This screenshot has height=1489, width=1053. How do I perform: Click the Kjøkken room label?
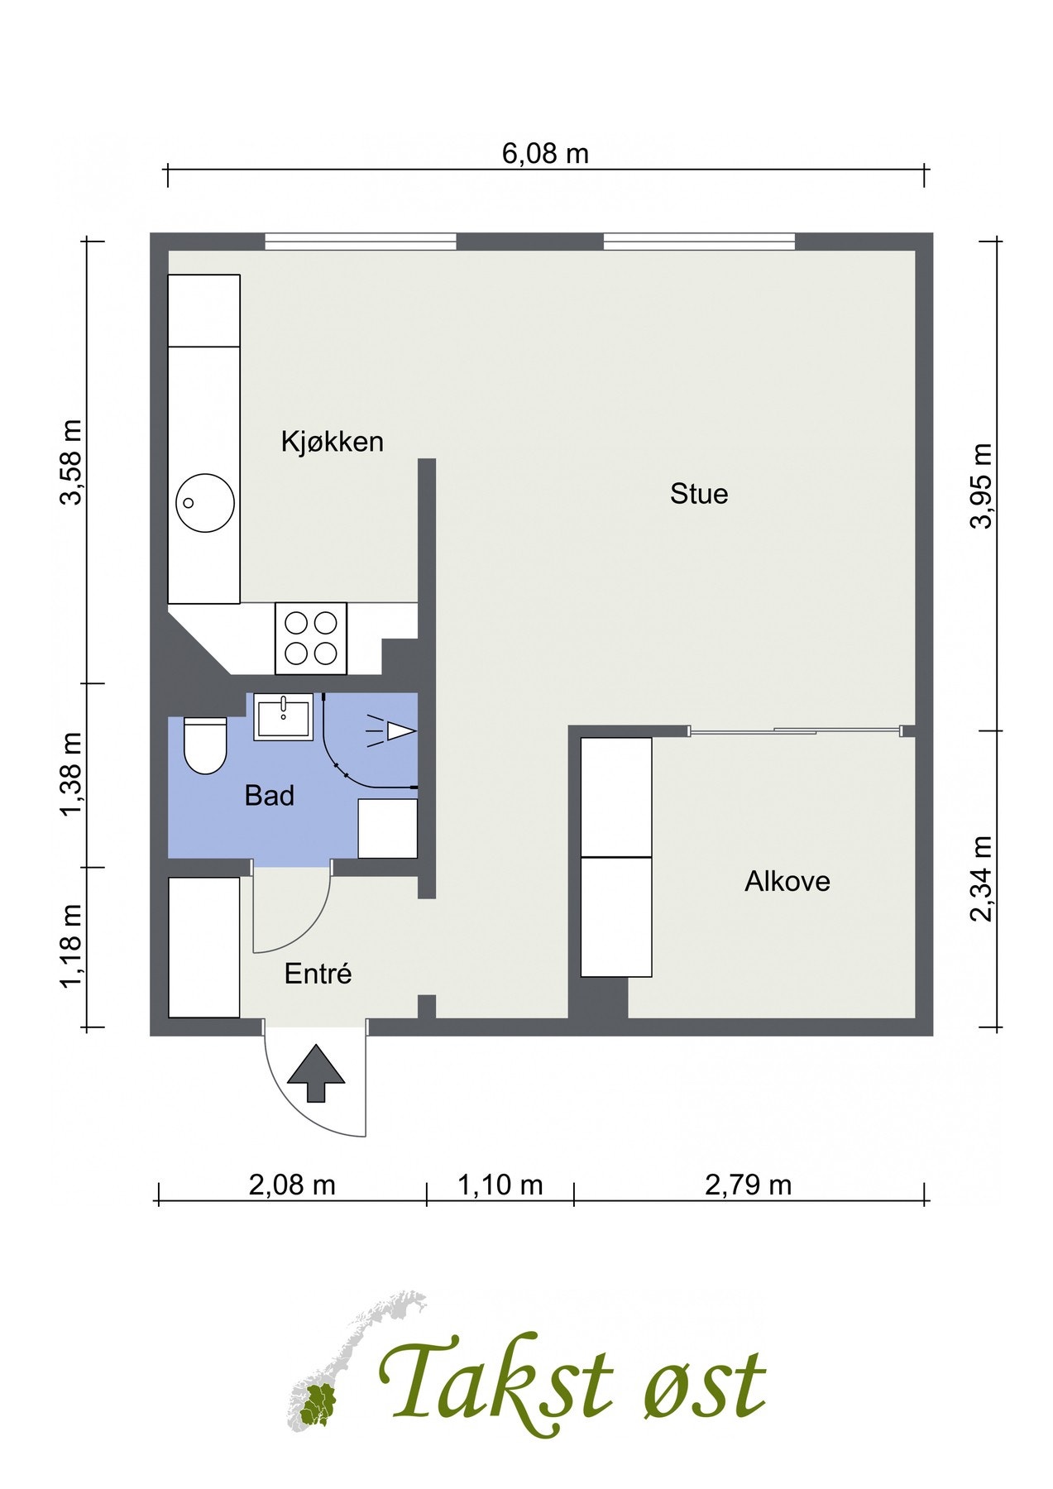(333, 441)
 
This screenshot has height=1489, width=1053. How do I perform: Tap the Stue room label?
(699, 494)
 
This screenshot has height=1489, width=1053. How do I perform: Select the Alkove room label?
(787, 881)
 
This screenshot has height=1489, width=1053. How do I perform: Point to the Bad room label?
(270, 796)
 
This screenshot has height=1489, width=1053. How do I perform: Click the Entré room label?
(318, 974)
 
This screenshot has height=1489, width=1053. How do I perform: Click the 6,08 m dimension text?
(545, 154)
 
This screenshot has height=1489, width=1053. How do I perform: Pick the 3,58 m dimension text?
(71, 462)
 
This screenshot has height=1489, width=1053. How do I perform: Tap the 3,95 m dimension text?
(982, 486)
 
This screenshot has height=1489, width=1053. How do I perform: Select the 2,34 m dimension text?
(982, 878)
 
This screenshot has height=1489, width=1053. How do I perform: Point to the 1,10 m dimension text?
(500, 1185)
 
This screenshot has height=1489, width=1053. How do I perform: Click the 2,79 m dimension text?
(748, 1185)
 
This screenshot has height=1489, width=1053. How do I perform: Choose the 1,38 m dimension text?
(71, 774)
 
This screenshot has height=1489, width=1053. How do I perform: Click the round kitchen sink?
(205, 502)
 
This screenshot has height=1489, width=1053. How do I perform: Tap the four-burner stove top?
(311, 638)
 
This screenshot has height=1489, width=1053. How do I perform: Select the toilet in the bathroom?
(205, 744)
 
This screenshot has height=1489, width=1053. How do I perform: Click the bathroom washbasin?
(284, 716)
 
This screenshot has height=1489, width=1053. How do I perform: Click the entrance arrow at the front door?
(315, 1073)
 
